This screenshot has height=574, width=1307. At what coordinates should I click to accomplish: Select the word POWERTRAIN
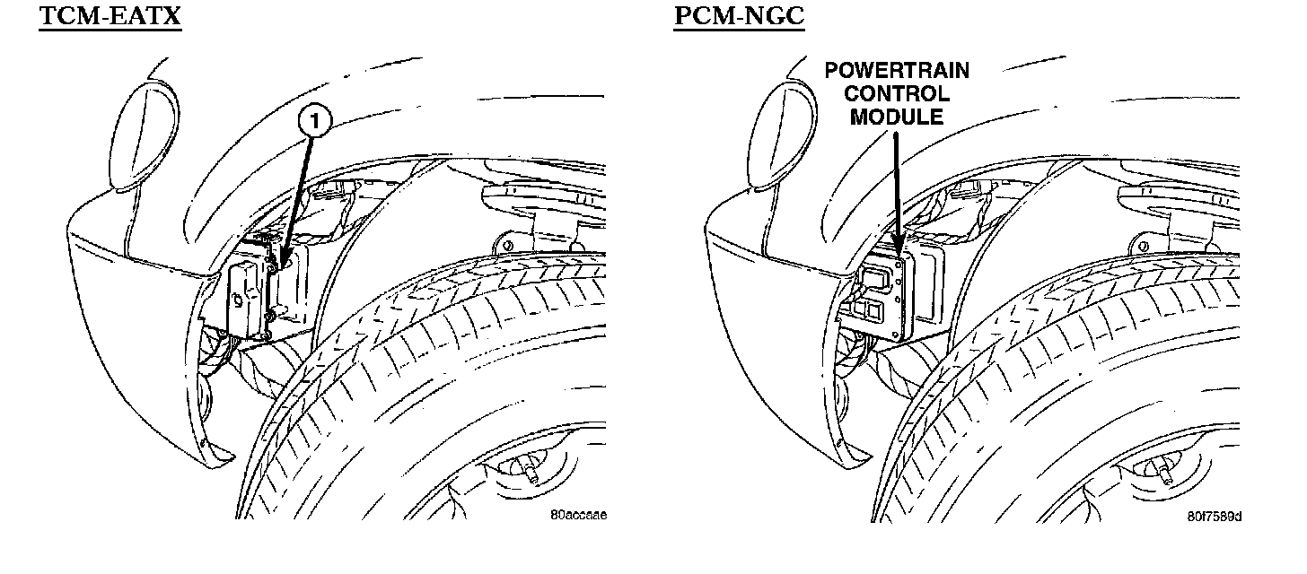(x=897, y=71)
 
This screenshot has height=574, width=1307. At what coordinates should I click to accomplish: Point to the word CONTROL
(x=897, y=93)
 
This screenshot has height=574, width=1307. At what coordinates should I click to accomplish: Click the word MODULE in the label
(x=897, y=117)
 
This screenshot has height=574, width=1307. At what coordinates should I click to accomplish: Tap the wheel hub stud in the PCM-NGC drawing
(x=1168, y=473)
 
